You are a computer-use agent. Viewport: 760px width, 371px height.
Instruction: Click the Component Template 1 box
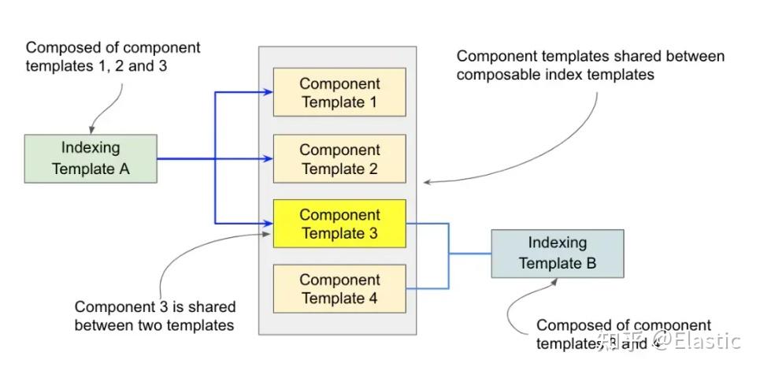(x=339, y=93)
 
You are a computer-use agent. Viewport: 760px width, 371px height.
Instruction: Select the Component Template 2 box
(x=339, y=159)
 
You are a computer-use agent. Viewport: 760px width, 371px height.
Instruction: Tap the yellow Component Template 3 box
(x=339, y=224)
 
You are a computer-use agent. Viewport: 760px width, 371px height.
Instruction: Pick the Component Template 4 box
(x=339, y=289)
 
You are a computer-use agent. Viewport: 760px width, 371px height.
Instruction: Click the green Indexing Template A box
(x=91, y=158)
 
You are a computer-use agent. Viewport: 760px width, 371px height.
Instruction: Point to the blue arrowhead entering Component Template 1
(x=269, y=93)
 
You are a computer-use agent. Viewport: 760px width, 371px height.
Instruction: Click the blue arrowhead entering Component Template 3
(x=269, y=224)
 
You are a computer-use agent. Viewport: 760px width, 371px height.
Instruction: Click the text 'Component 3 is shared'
(x=154, y=306)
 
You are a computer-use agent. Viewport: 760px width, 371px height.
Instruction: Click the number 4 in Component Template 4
(x=373, y=299)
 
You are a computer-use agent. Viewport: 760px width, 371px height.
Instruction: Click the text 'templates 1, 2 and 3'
(x=96, y=66)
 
